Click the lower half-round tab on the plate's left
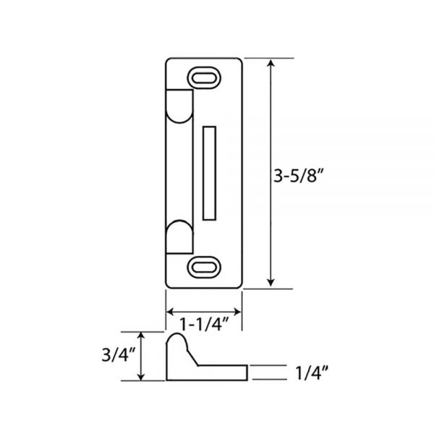coord(179,238)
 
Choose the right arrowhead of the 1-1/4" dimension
coord(237,311)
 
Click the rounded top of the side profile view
coord(176,338)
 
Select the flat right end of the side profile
coord(248,372)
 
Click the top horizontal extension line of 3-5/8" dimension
coord(260,58)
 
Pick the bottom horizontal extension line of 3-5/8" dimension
coord(260,289)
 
